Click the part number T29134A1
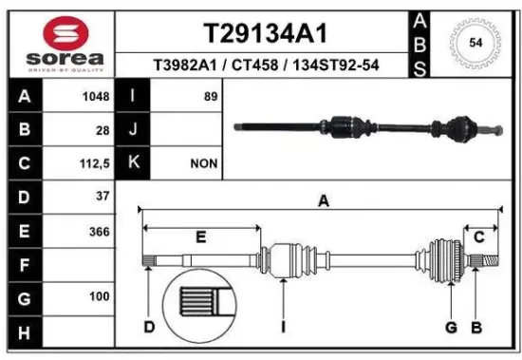(268, 33)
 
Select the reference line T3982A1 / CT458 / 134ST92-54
(268, 66)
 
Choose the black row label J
(134, 129)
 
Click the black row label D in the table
(24, 197)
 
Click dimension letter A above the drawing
(323, 200)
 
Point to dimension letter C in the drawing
(479, 236)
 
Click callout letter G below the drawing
(451, 328)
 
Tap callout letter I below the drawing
(284, 328)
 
